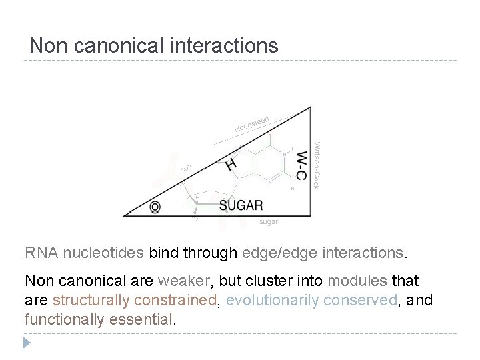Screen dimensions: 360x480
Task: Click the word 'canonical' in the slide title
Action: coord(124,45)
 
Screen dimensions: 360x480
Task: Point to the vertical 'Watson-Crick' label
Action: coord(317,164)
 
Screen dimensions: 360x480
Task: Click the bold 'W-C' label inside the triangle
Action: coord(302,164)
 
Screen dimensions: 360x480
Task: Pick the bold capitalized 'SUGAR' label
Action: coord(241,205)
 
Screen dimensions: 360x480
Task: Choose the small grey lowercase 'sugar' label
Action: coord(268,221)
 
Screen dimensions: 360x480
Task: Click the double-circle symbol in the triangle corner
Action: coord(155,207)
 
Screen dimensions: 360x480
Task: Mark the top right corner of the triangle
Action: coord(311,107)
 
